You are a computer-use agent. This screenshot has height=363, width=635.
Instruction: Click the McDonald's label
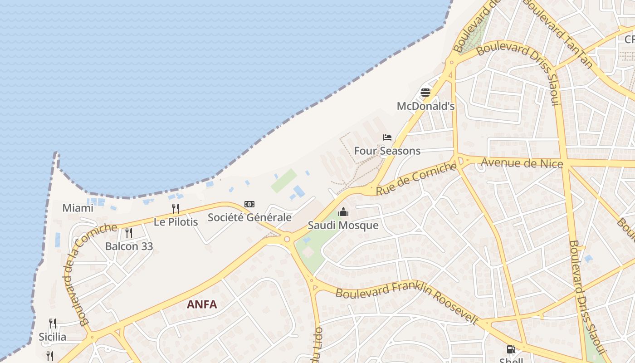pyautogui.click(x=425, y=106)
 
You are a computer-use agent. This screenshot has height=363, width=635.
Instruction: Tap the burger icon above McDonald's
pyautogui.click(x=425, y=93)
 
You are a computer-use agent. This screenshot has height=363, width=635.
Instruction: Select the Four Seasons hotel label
pyautogui.click(x=387, y=151)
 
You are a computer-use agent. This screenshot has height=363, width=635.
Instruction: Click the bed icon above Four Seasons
pyautogui.click(x=387, y=137)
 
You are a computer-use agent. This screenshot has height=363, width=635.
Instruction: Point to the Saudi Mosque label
pyautogui.click(x=343, y=225)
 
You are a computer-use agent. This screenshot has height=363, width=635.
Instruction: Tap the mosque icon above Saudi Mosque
pyautogui.click(x=343, y=212)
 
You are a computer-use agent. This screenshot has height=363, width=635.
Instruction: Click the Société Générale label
pyautogui.click(x=249, y=217)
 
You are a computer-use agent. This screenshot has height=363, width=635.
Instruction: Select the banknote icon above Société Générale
pyautogui.click(x=249, y=204)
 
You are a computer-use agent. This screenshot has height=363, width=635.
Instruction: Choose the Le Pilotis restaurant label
pyautogui.click(x=176, y=222)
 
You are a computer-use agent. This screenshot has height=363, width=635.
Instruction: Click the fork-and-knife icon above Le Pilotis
pyautogui.click(x=176, y=209)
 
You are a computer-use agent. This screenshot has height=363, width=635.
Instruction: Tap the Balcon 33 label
pyautogui.click(x=129, y=246)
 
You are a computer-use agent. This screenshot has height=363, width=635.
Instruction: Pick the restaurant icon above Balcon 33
pyautogui.click(x=129, y=233)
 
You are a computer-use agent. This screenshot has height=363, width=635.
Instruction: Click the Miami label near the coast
pyautogui.click(x=78, y=208)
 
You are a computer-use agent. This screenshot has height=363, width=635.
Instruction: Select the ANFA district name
pyautogui.click(x=202, y=304)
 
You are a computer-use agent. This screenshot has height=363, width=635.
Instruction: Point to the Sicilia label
pyautogui.click(x=53, y=337)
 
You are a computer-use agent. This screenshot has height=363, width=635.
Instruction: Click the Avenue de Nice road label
pyautogui.click(x=522, y=162)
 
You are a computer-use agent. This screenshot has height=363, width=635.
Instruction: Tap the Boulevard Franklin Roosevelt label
pyautogui.click(x=407, y=299)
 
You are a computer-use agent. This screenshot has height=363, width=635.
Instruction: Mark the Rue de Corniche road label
pyautogui.click(x=416, y=179)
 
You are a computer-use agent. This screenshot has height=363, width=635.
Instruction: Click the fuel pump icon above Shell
pyautogui.click(x=511, y=349)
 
